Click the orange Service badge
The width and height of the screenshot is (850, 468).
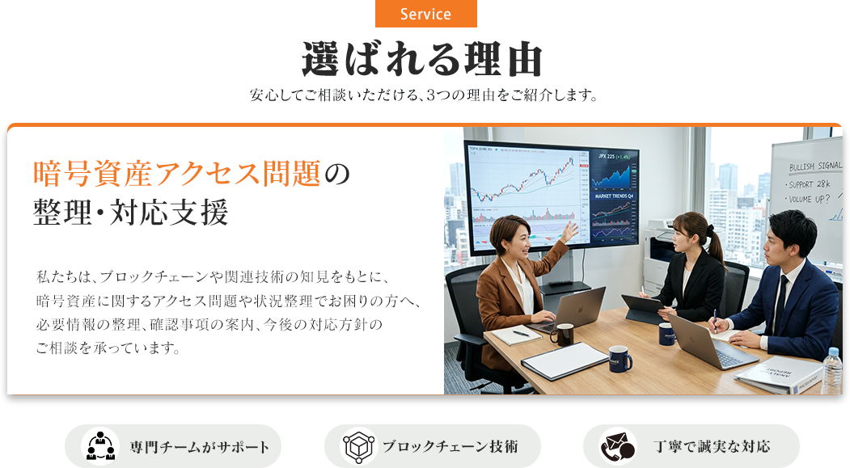tap(425, 14)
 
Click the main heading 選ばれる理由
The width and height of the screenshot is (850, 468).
tap(422, 59)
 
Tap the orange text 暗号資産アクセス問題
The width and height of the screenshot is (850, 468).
tap(177, 174)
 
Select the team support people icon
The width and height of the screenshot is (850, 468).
tap(100, 446)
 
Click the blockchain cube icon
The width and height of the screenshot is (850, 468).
tap(357, 446)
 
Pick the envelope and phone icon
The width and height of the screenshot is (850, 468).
tap(617, 446)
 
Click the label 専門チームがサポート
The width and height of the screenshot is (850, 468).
tap(200, 447)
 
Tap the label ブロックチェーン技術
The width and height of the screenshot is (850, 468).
tap(450, 446)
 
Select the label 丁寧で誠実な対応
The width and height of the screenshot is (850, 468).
tap(712, 446)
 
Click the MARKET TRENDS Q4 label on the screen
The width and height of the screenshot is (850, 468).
tap(614, 196)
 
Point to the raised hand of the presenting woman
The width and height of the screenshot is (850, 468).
tap(569, 231)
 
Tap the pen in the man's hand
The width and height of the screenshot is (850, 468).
tap(716, 321)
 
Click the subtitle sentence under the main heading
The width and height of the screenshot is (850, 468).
tap(424, 95)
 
